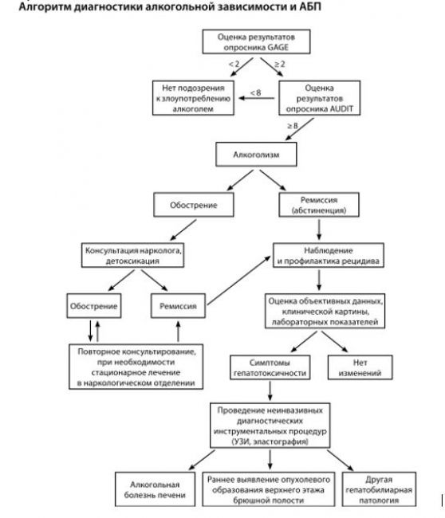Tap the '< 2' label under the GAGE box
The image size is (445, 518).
[x=234, y=64]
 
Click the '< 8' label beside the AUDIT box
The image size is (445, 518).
[x=255, y=92]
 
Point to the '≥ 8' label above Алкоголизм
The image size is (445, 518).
[x=292, y=126]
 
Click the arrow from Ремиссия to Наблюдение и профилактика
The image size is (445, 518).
[x=239, y=281]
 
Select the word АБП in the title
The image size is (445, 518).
[x=310, y=6]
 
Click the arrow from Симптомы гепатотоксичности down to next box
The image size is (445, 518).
[x=270, y=390]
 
